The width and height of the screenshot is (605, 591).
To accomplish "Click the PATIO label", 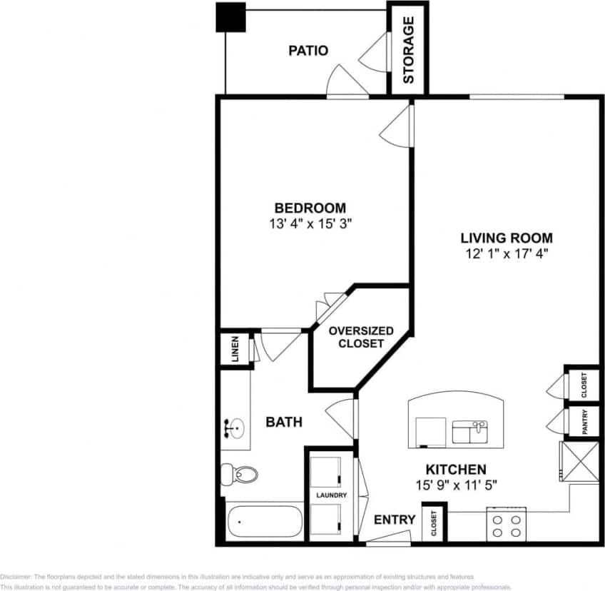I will [x=308, y=51].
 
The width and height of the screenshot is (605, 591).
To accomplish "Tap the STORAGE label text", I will [x=409, y=50].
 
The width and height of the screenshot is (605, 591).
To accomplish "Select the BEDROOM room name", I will [x=310, y=208].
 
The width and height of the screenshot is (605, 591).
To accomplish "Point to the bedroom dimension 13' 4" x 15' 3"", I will [x=310, y=223].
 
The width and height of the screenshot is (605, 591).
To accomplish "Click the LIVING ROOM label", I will [x=507, y=238].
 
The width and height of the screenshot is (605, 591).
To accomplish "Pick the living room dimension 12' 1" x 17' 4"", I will [x=507, y=253].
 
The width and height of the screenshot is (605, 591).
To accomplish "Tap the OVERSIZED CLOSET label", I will [x=361, y=337].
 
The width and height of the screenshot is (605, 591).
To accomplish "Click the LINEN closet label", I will [x=235, y=349].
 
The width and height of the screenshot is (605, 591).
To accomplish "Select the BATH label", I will [x=284, y=422].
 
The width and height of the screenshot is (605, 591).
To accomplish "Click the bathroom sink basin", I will [x=235, y=429].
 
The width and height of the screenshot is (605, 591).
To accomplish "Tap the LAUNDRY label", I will [x=331, y=495].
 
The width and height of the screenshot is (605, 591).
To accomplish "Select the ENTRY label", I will [x=395, y=520].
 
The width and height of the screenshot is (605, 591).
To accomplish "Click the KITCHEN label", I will [x=456, y=469].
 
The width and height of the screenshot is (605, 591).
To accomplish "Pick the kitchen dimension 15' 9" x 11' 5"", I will [x=456, y=484].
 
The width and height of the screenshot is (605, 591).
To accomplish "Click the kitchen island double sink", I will [x=469, y=432].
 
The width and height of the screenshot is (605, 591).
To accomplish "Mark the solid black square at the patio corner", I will [x=230, y=17].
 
